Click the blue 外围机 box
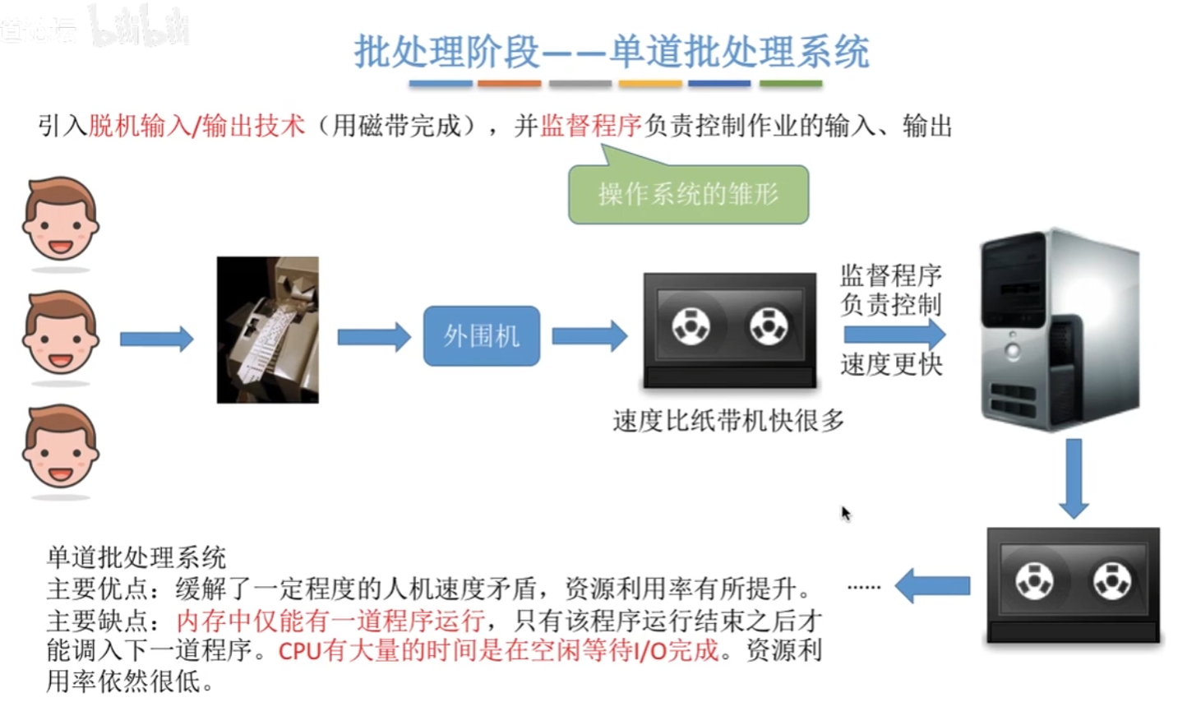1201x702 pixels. [482, 335]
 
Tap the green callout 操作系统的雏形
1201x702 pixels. [688, 194]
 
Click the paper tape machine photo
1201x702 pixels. [267, 330]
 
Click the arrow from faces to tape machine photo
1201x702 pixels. [156, 339]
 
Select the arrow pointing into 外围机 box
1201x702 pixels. [374, 336]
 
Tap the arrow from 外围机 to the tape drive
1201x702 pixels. [589, 335]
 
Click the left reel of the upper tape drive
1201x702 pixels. [691, 326]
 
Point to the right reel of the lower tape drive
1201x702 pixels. [1111, 580]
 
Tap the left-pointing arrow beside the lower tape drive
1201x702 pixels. [932, 586]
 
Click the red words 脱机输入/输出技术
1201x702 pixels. [196, 126]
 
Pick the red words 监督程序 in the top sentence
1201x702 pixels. [590, 126]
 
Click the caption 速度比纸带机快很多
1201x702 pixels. [728, 421]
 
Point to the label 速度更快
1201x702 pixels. [891, 364]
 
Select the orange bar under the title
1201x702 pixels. [509, 83]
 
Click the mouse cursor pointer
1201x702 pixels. [845, 513]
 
